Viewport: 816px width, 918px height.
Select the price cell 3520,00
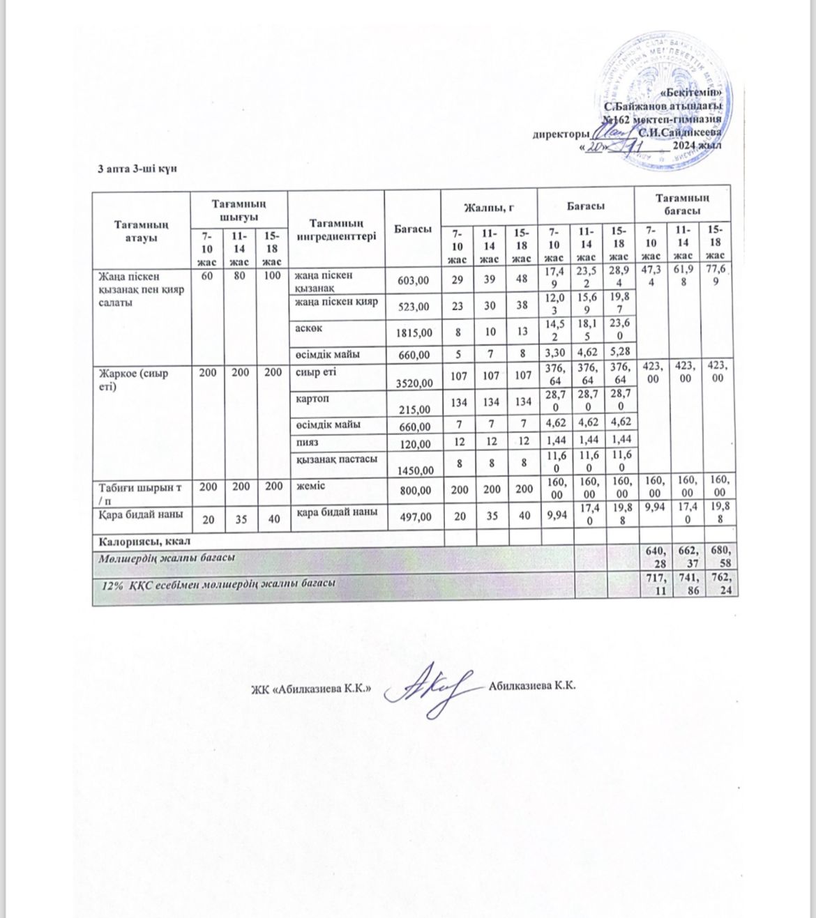pos(414,383)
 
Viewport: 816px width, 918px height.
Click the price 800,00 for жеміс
pos(414,491)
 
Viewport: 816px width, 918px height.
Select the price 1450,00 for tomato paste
pos(414,471)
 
